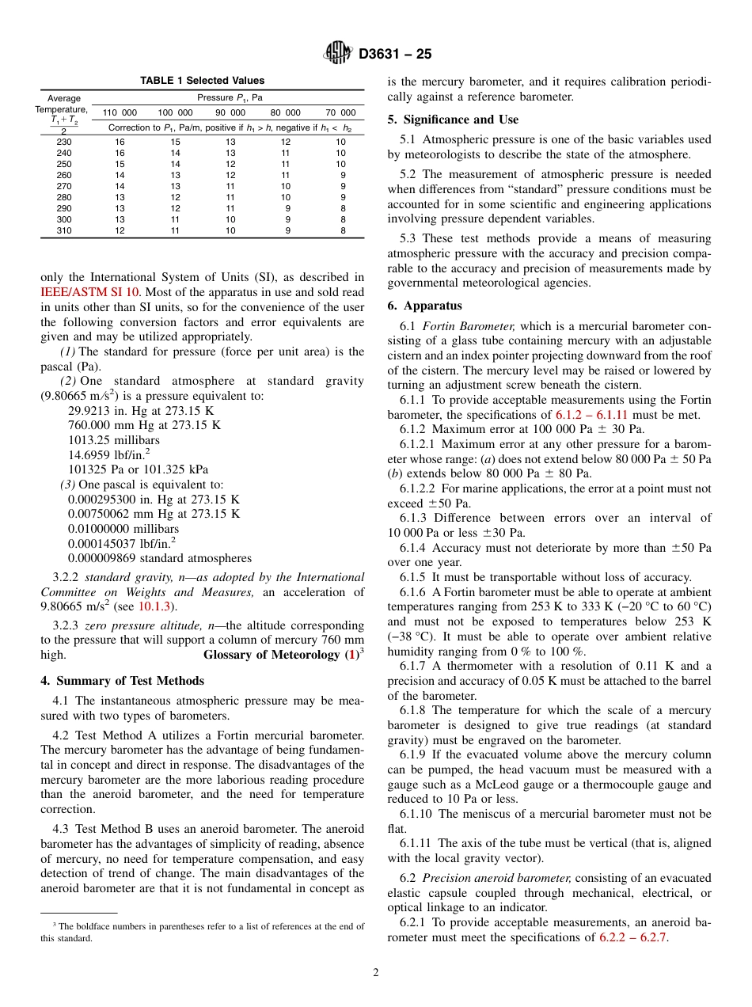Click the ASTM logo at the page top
pyautogui.click(x=338, y=54)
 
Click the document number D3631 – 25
pyautogui.click(x=395, y=55)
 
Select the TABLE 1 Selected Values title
pyautogui.click(x=203, y=81)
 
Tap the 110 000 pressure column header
pyautogui.click(x=120, y=113)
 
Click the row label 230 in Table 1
pyautogui.click(x=64, y=142)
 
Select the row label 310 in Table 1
pyautogui.click(x=64, y=230)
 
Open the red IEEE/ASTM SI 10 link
pyautogui.click(x=89, y=292)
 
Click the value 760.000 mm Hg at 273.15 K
pyautogui.click(x=144, y=425)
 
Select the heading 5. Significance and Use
pyautogui.click(x=453, y=120)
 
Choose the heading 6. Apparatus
pyautogui.click(x=425, y=306)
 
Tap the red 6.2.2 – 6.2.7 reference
pyautogui.click(x=633, y=937)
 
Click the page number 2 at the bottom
pyautogui.click(x=376, y=973)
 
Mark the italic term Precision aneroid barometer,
pyautogui.click(x=496, y=878)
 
